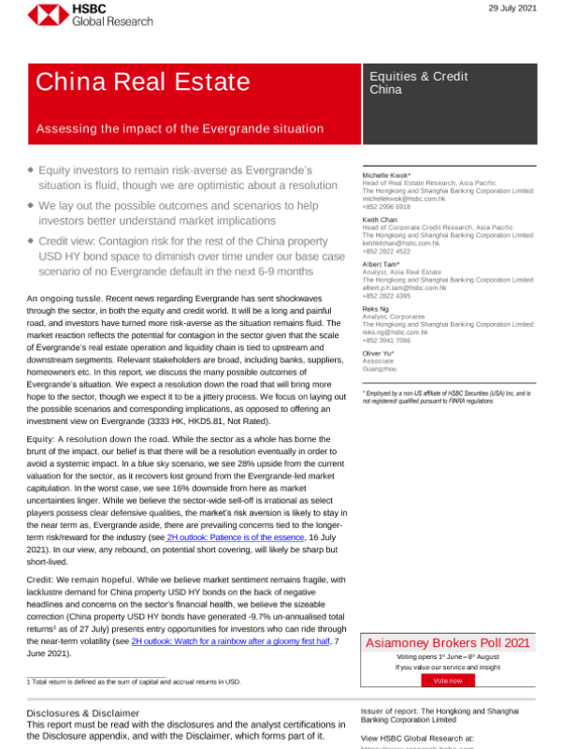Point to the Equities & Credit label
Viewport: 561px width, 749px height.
tap(419, 76)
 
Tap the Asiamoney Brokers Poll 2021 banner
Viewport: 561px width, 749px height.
tap(448, 643)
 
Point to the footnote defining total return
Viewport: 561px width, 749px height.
tap(133, 681)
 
